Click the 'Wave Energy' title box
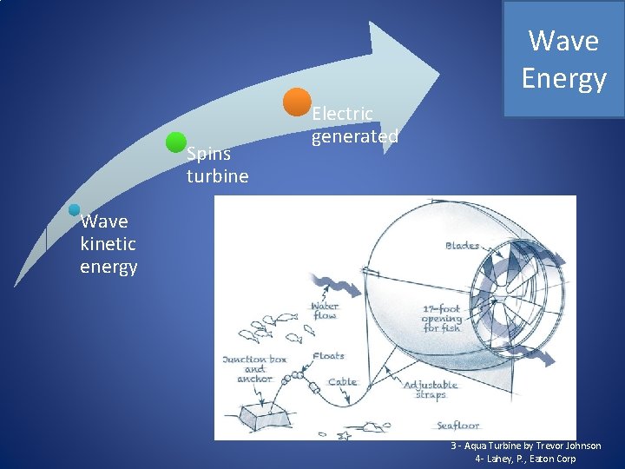[x=562, y=59]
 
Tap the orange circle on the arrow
[x=298, y=102]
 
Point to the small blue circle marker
[x=75, y=209]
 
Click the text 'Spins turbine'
[x=217, y=165]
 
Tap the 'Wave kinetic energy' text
[x=109, y=244]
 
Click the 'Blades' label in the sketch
[x=462, y=246]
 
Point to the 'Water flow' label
[x=325, y=310]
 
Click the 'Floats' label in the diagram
[x=327, y=355]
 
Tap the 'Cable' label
[x=342, y=382]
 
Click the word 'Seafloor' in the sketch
[x=457, y=426]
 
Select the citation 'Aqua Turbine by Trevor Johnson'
[x=526, y=446]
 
